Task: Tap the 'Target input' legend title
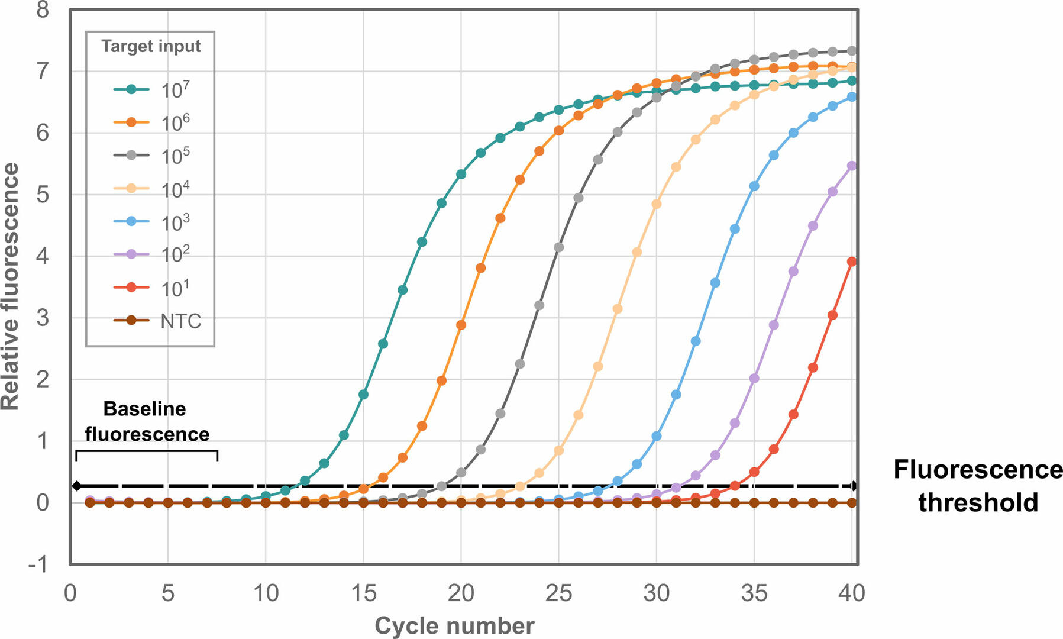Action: [151, 46]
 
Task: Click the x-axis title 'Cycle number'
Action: [454, 625]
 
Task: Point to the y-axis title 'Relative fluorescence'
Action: [11, 286]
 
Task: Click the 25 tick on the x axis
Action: [558, 592]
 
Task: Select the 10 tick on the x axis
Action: [266, 592]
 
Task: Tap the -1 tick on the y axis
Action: [38, 564]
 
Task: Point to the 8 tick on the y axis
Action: [43, 10]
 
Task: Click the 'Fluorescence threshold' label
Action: [977, 486]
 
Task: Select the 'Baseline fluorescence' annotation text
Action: [147, 421]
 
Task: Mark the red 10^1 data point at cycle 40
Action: [852, 262]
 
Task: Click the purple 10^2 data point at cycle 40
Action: [852, 166]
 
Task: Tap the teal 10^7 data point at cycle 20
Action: [461, 174]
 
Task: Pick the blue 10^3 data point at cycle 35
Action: [754, 186]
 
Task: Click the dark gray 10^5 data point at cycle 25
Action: [558, 247]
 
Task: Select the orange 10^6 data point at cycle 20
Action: [461, 325]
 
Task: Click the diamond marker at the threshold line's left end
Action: [76, 486]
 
